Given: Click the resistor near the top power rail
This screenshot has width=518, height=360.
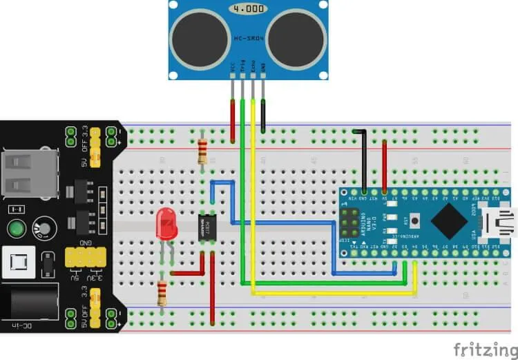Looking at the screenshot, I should click(202, 149).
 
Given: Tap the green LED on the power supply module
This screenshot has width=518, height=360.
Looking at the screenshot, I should click(17, 229).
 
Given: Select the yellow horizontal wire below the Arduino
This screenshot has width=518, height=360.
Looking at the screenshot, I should click(332, 293).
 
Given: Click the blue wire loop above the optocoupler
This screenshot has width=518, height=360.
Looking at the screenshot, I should click(223, 182).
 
